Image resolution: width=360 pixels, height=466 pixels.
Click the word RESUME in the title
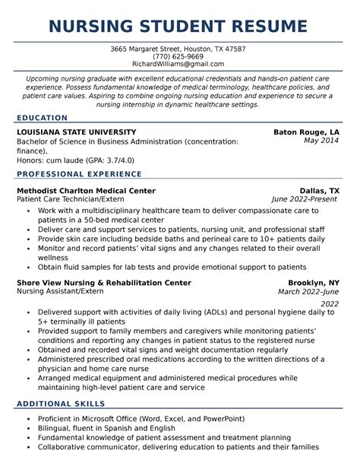click(266, 27)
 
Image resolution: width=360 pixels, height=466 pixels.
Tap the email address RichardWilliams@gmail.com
click(179, 64)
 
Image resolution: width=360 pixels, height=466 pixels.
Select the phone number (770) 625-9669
click(179, 56)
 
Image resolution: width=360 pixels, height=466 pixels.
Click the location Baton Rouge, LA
click(307, 132)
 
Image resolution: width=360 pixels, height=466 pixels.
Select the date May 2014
click(321, 141)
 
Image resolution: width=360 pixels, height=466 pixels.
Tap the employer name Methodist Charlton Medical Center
click(86, 191)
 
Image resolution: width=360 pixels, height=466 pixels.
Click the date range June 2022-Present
click(305, 199)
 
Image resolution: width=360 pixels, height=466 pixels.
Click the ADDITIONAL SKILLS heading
click(61, 404)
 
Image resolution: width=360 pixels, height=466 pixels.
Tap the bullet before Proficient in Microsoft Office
click(28, 419)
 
